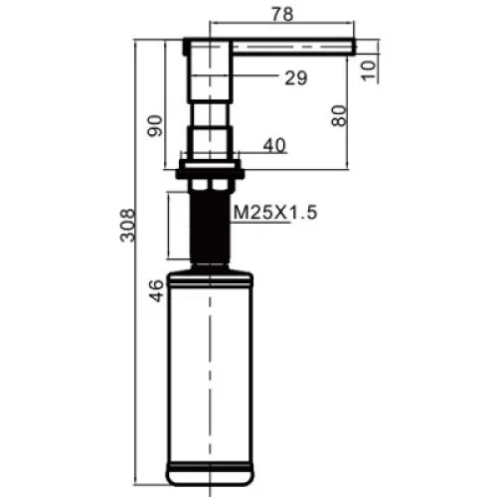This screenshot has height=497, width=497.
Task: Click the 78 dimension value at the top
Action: point(282,14)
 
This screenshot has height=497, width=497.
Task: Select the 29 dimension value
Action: point(296,79)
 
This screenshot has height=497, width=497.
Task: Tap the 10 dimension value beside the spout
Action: point(369,71)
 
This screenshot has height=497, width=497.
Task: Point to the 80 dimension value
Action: point(339,115)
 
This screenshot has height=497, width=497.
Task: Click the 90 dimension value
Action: point(155,125)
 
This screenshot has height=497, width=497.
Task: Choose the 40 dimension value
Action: point(274,145)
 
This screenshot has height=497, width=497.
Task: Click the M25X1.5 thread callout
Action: point(275,213)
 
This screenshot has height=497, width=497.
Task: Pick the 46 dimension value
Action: point(156,290)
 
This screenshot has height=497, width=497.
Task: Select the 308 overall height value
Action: point(127,226)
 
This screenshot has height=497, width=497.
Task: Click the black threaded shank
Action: point(210,228)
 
